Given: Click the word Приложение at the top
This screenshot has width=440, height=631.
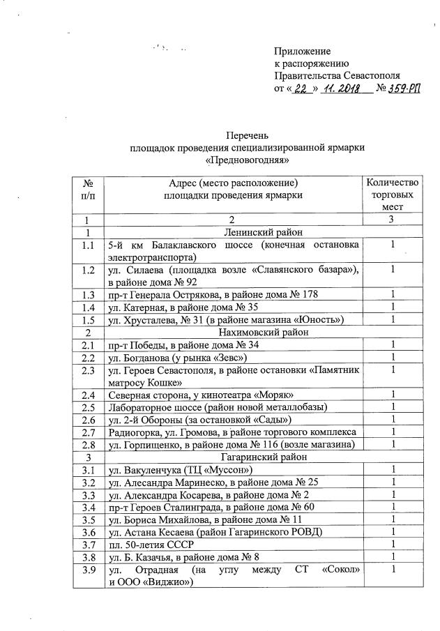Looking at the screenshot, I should click(302, 51).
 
